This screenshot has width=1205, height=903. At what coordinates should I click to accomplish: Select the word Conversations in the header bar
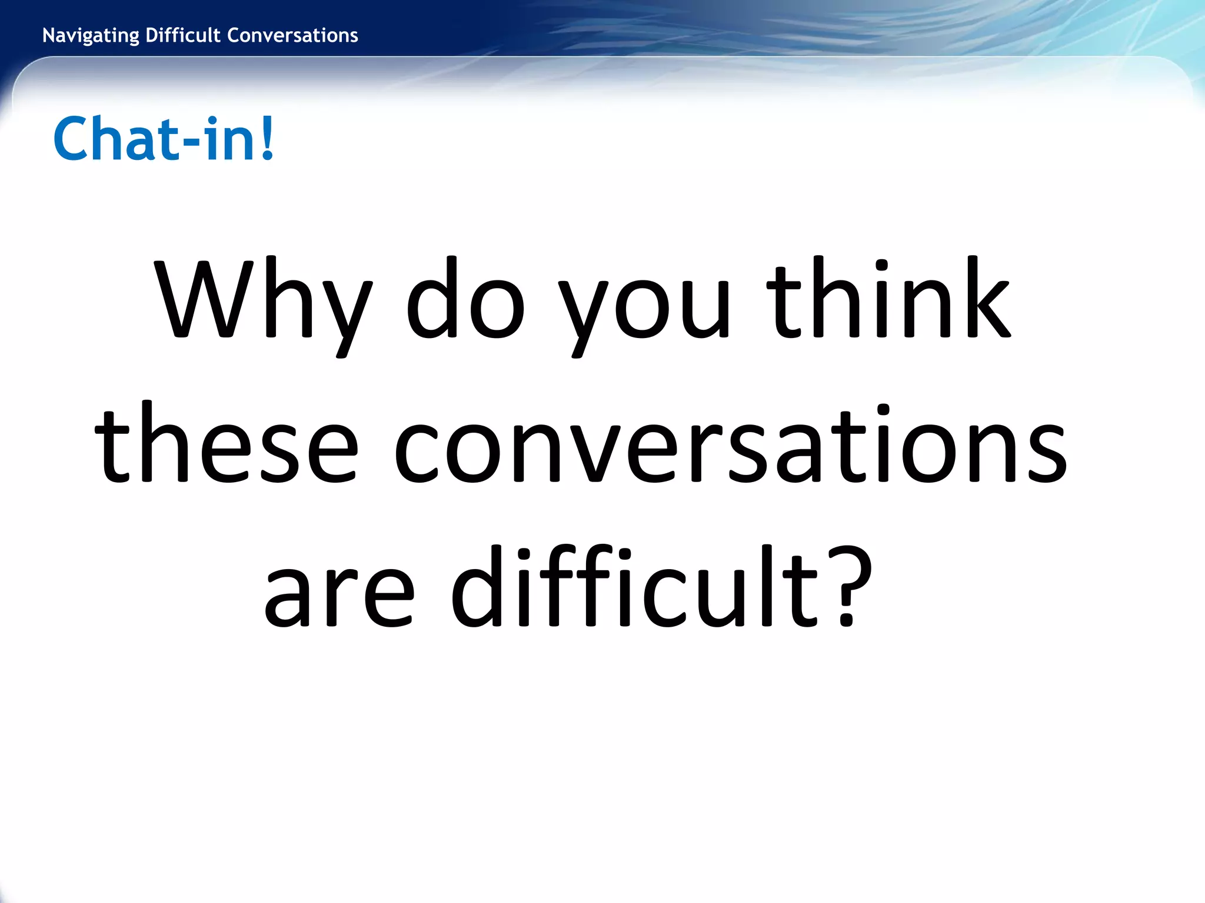point(292,35)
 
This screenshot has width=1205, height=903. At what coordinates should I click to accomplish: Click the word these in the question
point(227,444)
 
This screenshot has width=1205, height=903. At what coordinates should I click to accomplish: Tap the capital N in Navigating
point(48,35)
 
